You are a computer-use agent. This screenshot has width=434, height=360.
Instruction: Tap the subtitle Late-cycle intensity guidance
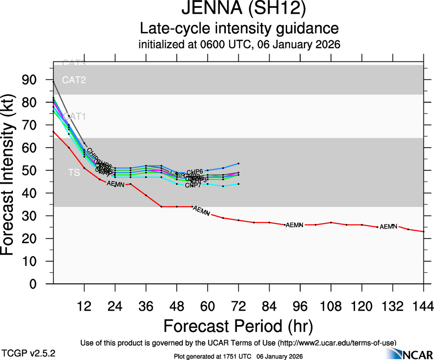[x=239, y=29]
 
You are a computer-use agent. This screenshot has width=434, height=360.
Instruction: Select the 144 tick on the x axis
[x=423, y=306]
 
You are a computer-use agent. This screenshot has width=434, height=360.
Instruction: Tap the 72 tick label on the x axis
[x=238, y=306]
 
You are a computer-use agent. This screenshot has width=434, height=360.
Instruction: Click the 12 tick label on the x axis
[x=84, y=306]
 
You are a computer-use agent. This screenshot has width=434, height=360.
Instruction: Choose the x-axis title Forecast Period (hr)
[x=238, y=326]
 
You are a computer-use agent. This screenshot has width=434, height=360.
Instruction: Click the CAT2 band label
[x=74, y=80]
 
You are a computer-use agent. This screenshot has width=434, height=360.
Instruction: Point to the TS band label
[x=74, y=173]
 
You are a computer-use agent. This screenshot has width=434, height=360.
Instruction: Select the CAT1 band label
[x=74, y=116]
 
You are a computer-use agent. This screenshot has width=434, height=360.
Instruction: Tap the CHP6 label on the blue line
[x=195, y=172]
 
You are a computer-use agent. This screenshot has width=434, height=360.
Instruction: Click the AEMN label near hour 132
[x=388, y=226]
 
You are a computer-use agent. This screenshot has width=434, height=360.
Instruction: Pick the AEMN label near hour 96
[x=295, y=225]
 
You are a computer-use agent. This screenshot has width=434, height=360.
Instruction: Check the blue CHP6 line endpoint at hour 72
[x=238, y=163]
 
